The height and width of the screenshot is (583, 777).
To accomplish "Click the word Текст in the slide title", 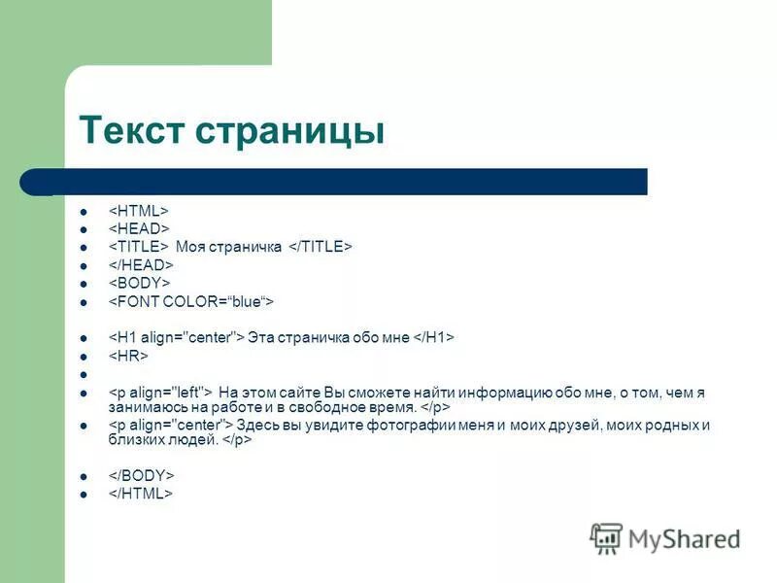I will pos(134,131).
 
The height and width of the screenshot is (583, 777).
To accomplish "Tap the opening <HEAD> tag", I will pos(138,228).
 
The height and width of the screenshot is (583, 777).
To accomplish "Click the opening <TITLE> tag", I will pos(138,247).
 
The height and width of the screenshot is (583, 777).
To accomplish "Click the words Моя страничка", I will pos(228,247).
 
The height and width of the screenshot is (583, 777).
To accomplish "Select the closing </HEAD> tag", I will pos(140,264).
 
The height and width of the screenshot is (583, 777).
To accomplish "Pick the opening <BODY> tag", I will pos(138,283).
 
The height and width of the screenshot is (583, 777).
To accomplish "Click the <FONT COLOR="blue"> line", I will pos(190,301).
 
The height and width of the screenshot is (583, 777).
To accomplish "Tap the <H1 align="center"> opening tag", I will pos(175,337).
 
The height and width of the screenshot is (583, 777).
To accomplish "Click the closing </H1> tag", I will pos(433,337).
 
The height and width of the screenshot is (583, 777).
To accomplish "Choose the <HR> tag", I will pos(127,357).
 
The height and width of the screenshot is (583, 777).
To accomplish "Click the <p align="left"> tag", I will pos(160,392).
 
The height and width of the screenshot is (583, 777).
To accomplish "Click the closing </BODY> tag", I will pos(140,476).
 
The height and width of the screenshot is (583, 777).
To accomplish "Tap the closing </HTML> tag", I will pos(140,495).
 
